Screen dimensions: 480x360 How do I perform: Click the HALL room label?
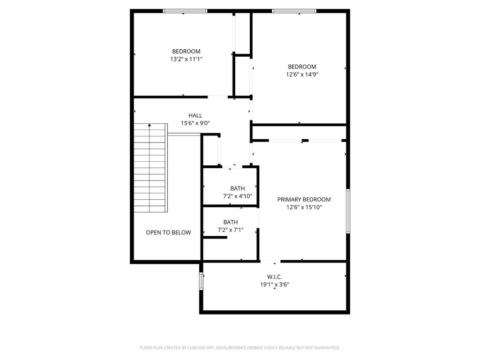(195, 115)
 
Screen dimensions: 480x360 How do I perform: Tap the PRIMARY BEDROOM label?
(304, 199)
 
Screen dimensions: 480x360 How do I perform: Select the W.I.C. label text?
(275, 277)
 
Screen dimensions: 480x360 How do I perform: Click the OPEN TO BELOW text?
(168, 232)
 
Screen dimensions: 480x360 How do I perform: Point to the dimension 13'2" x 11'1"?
(187, 59)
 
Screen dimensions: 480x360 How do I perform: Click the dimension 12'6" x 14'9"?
(302, 75)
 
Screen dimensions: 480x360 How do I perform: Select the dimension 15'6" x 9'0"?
(195, 123)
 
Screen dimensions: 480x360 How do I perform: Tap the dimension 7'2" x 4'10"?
(238, 196)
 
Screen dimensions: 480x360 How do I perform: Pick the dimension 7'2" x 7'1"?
(231, 230)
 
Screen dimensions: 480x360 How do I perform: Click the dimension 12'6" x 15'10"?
(304, 207)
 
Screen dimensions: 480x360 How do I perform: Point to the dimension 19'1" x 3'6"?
(275, 285)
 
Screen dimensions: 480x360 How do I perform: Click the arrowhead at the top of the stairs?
(150, 125)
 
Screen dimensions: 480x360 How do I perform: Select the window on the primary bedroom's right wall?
(348, 211)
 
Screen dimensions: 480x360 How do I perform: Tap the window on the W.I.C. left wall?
(201, 281)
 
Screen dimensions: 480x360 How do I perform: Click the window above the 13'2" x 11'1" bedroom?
(185, 11)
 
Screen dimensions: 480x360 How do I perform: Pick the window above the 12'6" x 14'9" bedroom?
(294, 11)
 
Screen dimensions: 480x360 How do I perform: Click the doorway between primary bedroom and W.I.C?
(270, 261)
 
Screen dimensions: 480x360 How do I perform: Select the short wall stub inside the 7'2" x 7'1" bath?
(215, 237)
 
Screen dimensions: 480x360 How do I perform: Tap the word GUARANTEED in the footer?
(327, 348)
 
